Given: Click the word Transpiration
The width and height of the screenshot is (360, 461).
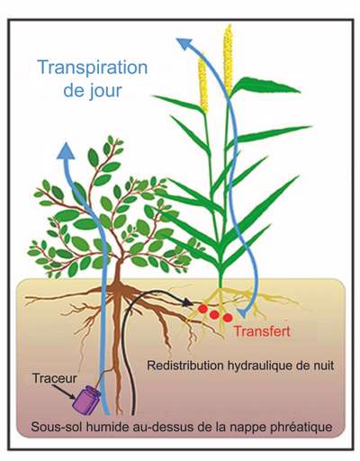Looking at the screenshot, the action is click(x=93, y=68).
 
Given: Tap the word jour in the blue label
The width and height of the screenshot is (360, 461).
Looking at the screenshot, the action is click(x=105, y=90).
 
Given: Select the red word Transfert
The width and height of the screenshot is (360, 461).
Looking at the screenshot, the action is click(x=262, y=331).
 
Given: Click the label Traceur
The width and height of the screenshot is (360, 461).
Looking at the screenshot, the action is click(x=55, y=378).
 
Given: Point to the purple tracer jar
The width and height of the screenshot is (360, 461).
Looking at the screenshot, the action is click(x=86, y=400).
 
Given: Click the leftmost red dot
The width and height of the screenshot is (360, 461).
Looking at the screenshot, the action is click(x=202, y=309).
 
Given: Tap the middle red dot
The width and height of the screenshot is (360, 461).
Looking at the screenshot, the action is click(x=214, y=314).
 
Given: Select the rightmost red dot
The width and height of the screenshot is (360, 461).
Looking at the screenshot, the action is click(x=228, y=317).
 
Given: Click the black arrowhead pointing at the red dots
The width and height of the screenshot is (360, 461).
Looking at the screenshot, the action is click(x=188, y=302).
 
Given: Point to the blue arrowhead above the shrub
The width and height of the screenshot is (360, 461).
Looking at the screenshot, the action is click(x=66, y=150).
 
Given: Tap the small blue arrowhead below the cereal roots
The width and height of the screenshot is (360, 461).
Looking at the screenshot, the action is click(x=242, y=313).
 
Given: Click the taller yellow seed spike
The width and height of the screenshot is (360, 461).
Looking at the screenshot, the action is click(x=229, y=60).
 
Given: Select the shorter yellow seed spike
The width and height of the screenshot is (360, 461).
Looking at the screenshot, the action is click(x=202, y=83).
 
